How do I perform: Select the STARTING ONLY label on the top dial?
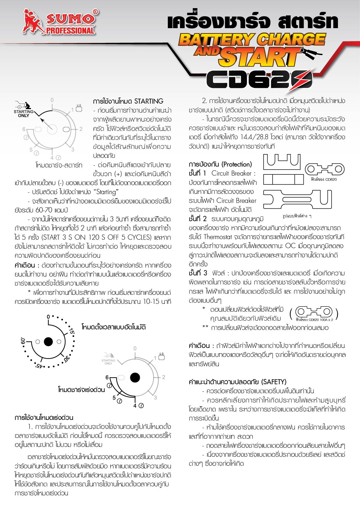point(24,113)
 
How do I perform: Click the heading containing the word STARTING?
point(128,101)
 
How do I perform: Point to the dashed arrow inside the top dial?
point(46,123)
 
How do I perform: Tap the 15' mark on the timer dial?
point(71,331)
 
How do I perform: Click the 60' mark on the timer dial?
point(23,342)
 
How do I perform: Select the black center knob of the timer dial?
point(48,342)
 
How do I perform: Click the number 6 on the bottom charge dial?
point(107,378)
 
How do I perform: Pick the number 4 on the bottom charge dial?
point(135,406)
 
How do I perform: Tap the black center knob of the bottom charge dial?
point(135,377)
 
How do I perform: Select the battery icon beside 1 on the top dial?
point(79,108)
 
